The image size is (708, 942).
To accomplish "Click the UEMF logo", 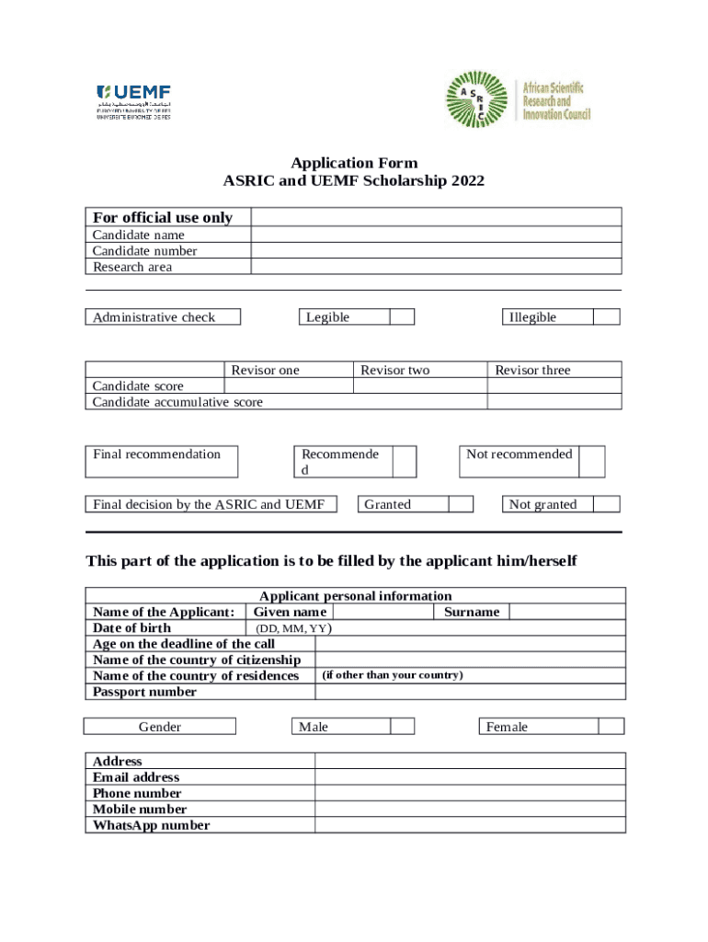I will point(134,101).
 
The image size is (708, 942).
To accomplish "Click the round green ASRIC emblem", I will point(476,100).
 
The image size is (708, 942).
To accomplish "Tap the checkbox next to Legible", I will point(402,317).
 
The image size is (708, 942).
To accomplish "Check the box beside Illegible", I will point(606,317).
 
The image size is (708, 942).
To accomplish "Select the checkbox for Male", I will point(402,727).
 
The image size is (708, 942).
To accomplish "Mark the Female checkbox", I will point(611,727).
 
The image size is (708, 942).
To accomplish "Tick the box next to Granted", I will point(461,504).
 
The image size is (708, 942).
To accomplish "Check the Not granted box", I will point(606,504).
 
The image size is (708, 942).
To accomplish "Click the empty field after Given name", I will point(382,612).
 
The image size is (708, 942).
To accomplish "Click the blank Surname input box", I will point(566,612).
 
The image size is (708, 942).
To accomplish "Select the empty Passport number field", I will point(470,692).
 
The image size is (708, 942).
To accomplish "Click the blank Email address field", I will point(470,777).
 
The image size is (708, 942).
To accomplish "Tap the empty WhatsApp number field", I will point(470,825).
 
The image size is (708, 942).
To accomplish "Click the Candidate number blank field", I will point(436,251).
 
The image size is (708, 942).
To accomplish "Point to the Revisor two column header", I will point(394,370).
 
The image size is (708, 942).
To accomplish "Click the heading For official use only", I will point(163,217).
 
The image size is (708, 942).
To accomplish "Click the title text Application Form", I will point(354,164).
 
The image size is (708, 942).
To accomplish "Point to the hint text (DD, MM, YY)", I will point(293,629).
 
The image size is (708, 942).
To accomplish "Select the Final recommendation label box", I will point(161,461).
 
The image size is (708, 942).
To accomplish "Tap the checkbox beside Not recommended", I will point(592,461).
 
